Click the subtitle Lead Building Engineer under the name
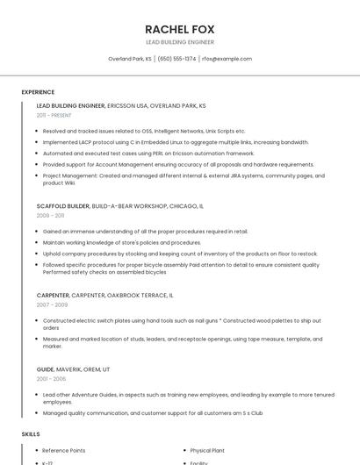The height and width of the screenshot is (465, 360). [x=179, y=42]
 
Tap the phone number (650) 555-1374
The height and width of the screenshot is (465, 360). [x=176, y=59]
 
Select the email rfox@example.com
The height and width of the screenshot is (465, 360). [x=227, y=59]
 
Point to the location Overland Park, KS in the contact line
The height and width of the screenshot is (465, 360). [x=129, y=59]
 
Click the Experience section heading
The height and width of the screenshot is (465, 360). [x=38, y=92]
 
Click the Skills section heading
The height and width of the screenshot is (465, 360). [x=31, y=434]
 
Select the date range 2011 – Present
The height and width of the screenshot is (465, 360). [x=54, y=115]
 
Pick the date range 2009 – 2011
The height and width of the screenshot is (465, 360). [x=50, y=215]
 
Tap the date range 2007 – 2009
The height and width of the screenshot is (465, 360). [x=51, y=304]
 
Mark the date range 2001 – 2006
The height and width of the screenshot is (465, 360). [x=51, y=378]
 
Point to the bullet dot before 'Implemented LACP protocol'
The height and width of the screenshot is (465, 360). [x=38, y=142]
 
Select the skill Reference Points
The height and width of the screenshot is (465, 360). [x=63, y=450]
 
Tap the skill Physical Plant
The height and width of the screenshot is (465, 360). [x=207, y=450]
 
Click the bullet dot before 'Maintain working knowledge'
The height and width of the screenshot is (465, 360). [x=38, y=242]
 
